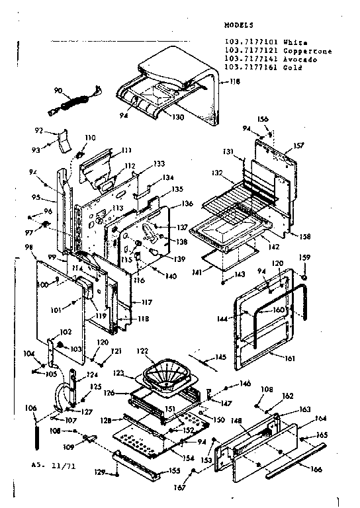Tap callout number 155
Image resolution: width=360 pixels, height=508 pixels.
click(175, 470)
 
